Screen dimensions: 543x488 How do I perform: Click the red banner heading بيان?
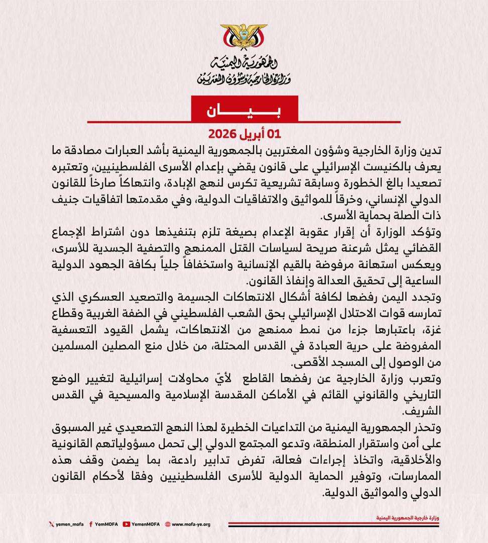(x=244, y=111)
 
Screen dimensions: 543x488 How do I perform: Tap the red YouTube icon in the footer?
(x=126, y=524)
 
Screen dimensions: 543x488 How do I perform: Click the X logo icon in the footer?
(x=51, y=524)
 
